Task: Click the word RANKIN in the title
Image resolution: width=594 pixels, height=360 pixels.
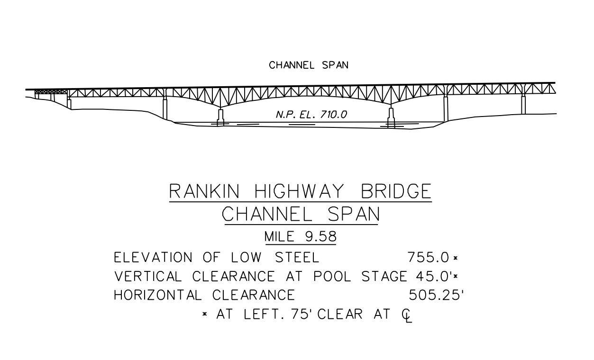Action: pos(204,191)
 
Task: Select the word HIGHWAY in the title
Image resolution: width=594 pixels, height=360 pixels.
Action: pos(304,191)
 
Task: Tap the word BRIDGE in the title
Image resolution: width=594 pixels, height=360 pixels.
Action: pos(396,191)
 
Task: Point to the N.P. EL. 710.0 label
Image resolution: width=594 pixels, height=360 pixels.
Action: pos(311,115)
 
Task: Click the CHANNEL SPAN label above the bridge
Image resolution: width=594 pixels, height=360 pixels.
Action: pos(309,65)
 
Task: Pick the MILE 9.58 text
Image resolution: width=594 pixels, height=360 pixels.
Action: pos(301,236)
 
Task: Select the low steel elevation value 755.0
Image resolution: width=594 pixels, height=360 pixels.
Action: pos(428,258)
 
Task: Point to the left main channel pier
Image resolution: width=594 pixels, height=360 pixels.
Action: pos(220,117)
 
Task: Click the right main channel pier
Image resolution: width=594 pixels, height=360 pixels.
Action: pos(391,117)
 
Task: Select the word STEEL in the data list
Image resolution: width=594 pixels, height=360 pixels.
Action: pos(297,258)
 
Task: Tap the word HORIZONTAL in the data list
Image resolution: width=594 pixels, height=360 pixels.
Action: pos(158,296)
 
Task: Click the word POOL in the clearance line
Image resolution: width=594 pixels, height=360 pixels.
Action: pos(335,277)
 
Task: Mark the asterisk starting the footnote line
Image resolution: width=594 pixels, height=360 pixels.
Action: pos(205,314)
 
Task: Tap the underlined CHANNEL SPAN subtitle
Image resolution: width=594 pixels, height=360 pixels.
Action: pos(301,215)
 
